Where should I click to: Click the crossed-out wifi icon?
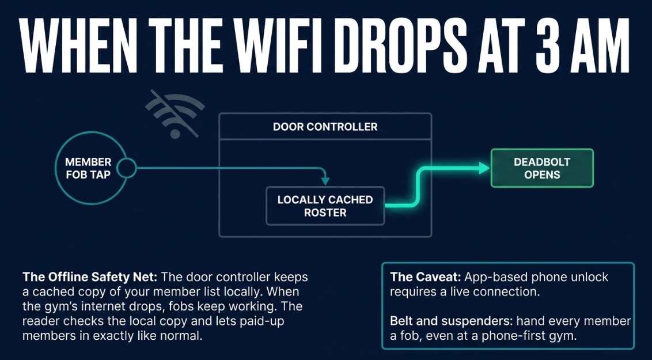coord(175,114)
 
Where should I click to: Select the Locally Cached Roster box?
coord(325,206)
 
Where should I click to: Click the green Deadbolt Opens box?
coord(542,168)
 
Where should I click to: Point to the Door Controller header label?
coord(325,127)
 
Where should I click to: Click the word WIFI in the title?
coord(270,46)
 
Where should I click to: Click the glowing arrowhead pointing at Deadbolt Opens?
coord(484,168)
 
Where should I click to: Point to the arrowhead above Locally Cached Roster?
coord(325,181)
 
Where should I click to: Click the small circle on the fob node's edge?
coord(126,168)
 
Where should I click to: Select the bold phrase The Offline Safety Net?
coord(90,277)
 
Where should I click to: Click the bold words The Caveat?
coord(426,277)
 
